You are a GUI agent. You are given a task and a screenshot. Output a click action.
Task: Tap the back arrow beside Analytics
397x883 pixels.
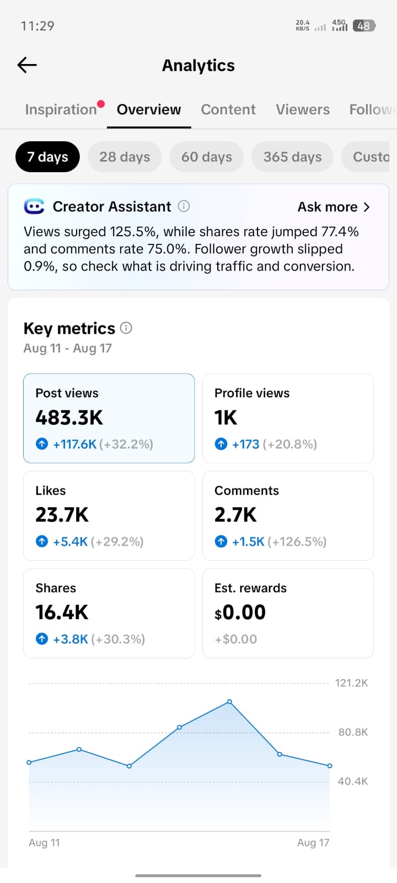pos(27,65)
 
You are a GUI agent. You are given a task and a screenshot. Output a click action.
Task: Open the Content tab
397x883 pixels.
pos(228,109)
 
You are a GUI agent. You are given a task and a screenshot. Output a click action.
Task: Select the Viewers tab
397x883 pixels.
pos(303,109)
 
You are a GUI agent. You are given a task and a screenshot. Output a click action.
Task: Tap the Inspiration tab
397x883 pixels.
pos(61,109)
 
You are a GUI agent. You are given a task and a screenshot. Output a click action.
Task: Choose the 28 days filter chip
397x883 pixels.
pos(125,157)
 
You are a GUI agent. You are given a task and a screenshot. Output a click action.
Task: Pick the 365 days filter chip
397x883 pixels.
pos(292,157)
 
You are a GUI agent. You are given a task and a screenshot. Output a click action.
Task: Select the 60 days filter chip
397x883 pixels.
pos(206,157)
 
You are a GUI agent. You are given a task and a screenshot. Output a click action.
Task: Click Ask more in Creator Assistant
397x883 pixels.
pos(334,206)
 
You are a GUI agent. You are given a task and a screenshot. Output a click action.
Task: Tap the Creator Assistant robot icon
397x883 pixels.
pos(34,206)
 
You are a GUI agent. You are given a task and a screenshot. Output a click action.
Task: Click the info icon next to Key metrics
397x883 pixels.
pos(126,328)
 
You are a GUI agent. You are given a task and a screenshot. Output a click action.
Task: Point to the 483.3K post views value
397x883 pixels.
pos(69,417)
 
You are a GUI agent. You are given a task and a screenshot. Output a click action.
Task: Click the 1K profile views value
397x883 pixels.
pos(226,417)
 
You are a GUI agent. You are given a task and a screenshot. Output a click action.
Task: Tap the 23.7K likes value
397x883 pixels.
pos(62,515)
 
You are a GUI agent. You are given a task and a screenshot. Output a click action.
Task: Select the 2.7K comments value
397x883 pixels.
pos(235,515)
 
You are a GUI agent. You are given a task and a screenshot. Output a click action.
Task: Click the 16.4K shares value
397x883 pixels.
pos(62,612)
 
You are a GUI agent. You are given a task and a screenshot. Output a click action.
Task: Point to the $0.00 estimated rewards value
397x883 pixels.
pos(240,613)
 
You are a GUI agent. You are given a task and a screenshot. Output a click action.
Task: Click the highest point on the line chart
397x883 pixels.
pos(229,701)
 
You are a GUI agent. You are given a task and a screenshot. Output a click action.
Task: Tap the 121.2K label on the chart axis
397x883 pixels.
pos(351,683)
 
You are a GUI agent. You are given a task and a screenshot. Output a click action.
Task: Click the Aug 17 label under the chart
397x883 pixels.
pos(313,842)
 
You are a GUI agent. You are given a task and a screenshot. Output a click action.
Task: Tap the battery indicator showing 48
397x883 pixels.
pos(364,26)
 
